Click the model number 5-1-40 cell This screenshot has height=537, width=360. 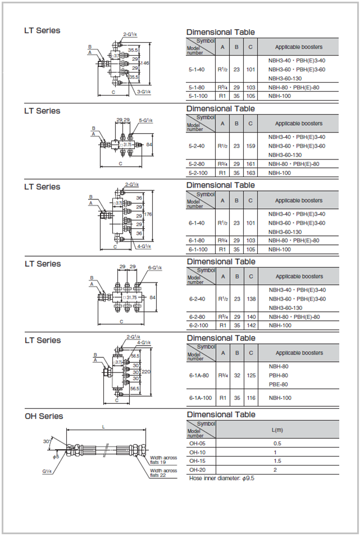[196, 69]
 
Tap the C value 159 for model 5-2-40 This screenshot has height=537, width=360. [250, 146]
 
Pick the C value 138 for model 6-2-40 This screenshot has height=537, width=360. [251, 299]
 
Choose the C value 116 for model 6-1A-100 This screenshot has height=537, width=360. [251, 398]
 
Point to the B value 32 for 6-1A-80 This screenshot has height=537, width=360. [237, 376]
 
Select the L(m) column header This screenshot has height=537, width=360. [277, 430]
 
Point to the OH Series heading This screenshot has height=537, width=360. [44, 416]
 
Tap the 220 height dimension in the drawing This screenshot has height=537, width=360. [145, 372]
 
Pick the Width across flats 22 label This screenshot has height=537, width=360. [163, 473]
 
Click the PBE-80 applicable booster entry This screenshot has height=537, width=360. [279, 385]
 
